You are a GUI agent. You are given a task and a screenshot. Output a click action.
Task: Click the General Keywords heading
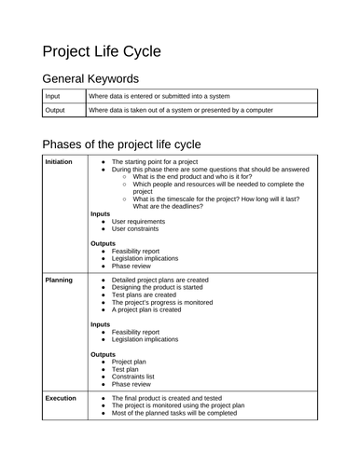(90, 79)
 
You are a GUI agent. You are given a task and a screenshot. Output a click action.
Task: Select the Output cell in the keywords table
(55, 110)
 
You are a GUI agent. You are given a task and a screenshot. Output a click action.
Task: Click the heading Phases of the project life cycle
(121, 144)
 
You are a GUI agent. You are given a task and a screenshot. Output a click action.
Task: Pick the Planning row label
(59, 279)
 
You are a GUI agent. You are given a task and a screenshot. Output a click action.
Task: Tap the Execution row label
(61, 397)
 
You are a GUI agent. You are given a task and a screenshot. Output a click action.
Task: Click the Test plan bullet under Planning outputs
(127, 368)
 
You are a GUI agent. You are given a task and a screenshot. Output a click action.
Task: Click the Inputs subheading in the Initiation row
(101, 213)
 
